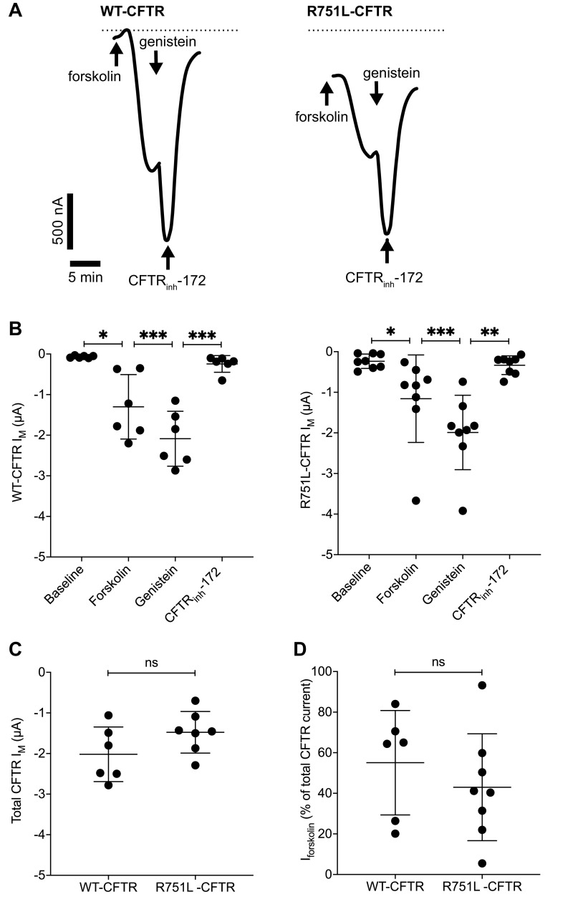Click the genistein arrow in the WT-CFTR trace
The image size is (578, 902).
(156, 64)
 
